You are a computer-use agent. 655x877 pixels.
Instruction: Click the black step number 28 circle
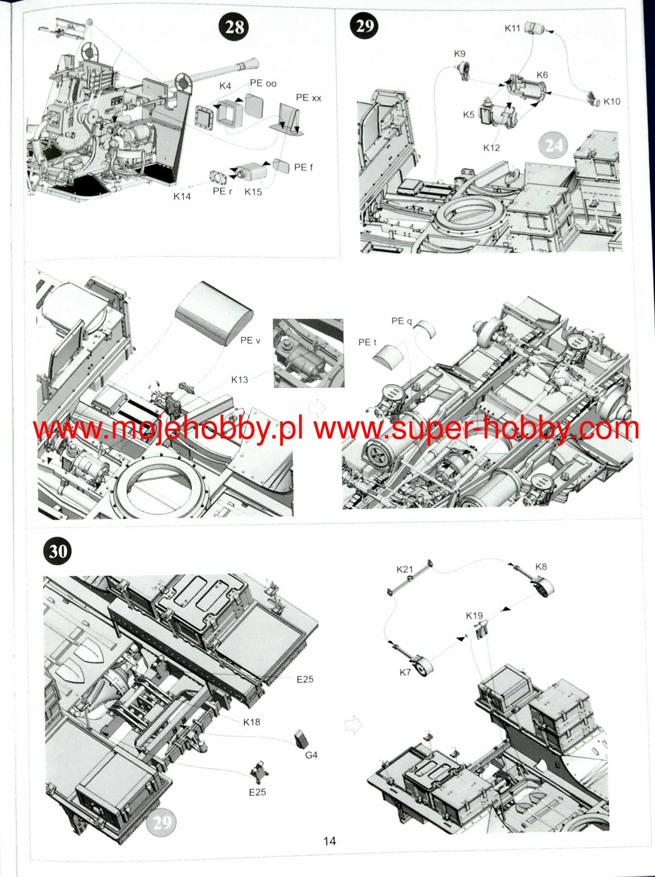(x=234, y=27)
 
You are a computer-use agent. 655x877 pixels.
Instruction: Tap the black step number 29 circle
(x=365, y=26)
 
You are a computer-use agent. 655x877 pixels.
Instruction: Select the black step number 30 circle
(x=58, y=551)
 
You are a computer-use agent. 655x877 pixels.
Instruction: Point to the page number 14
(x=329, y=841)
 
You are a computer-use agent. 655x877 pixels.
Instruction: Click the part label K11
(x=512, y=28)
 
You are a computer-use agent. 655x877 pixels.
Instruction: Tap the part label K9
(x=459, y=54)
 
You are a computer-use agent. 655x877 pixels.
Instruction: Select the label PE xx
(x=308, y=98)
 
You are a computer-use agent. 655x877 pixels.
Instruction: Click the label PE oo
(x=263, y=83)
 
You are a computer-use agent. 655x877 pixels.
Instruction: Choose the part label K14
(x=182, y=196)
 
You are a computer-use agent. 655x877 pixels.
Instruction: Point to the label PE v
(x=250, y=340)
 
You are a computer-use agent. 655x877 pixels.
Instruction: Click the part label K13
(x=239, y=379)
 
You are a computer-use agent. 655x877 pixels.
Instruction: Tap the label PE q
(x=401, y=321)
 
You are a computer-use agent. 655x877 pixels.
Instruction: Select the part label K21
(x=404, y=569)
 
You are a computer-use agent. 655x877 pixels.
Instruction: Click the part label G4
(x=311, y=755)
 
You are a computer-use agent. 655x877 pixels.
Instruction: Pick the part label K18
(x=251, y=722)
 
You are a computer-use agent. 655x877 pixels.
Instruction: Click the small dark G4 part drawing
(x=301, y=738)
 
